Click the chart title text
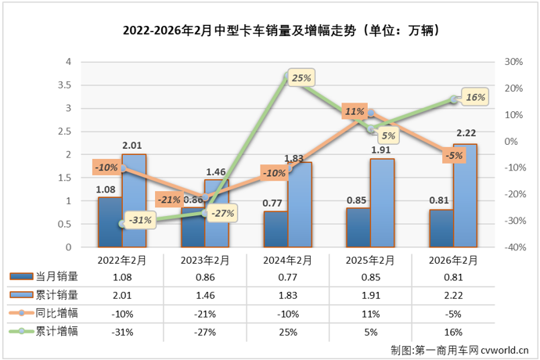pyautogui.click(x=270, y=31)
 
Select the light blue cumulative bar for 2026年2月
pyautogui.click(x=465, y=196)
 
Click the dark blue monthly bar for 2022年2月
pyautogui.click(x=110, y=222)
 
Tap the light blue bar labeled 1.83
pyautogui.click(x=300, y=204)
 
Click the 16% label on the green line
pyautogui.click(x=475, y=97)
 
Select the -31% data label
pyautogui.click(x=139, y=221)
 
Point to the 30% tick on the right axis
pyautogui.click(x=513, y=62)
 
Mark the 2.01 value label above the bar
pyautogui.click(x=134, y=144)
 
